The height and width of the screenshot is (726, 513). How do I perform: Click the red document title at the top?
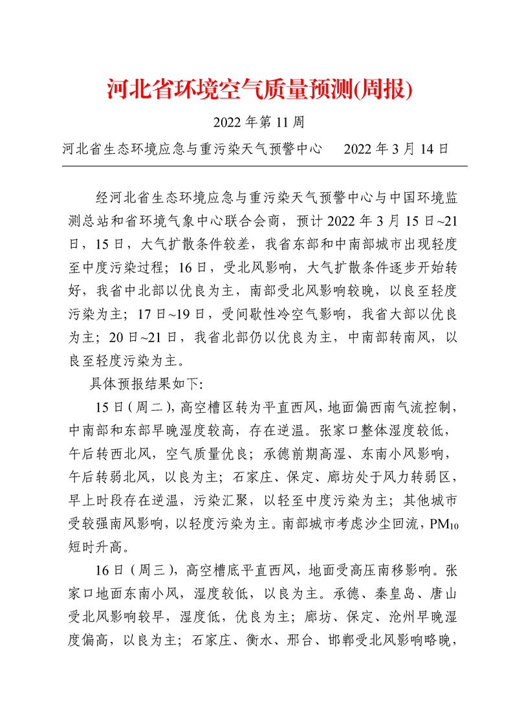(259, 89)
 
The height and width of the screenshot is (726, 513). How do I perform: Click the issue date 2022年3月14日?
(396, 149)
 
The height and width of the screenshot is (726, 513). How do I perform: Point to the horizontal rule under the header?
(264, 166)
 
